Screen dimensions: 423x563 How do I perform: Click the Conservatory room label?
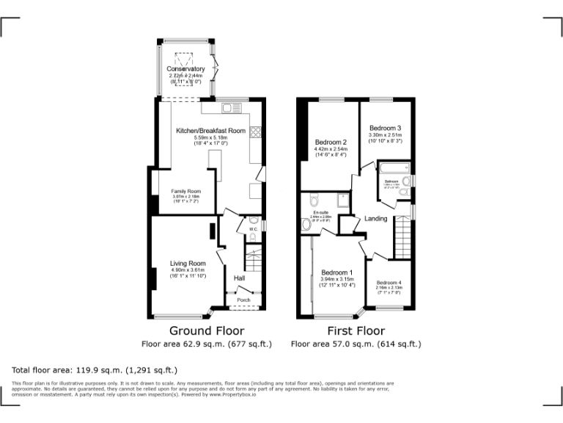click(x=185, y=69)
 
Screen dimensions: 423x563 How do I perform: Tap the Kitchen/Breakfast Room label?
click(x=210, y=131)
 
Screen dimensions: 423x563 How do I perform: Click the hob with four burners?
click(x=257, y=133)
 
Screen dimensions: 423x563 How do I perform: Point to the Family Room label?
click(x=186, y=191)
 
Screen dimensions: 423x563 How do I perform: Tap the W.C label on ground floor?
click(x=251, y=229)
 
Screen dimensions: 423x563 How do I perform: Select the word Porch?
click(x=243, y=300)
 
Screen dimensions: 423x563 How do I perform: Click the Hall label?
click(x=239, y=279)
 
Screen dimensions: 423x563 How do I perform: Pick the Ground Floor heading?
click(x=207, y=330)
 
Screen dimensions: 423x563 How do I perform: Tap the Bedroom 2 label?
click(x=331, y=142)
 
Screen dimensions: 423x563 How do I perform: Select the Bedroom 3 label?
click(x=385, y=128)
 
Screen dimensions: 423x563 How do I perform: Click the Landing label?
click(x=376, y=219)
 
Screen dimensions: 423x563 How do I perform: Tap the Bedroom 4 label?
click(x=389, y=283)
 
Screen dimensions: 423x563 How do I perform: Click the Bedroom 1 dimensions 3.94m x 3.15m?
click(x=337, y=279)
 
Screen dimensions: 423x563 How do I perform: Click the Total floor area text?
click(x=95, y=369)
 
